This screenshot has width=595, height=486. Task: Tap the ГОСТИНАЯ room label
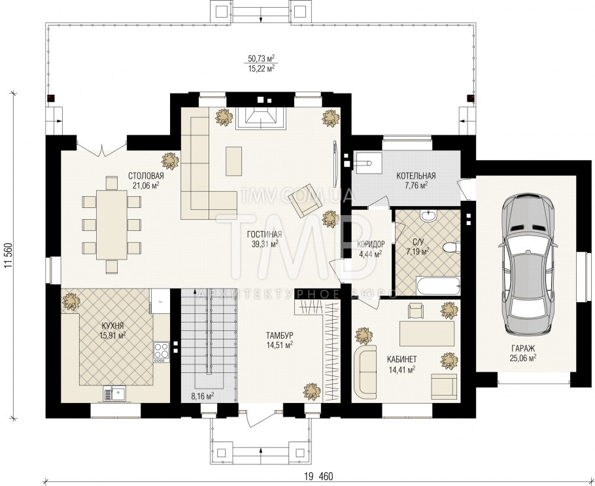[x=265, y=234]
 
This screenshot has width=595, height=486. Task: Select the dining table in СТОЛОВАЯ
[x=112, y=225]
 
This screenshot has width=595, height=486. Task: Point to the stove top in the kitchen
[x=161, y=351]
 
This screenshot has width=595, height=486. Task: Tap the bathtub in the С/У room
[x=437, y=286]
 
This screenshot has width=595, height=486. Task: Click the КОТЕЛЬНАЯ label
[x=416, y=176]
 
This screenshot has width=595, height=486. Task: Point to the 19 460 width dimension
[x=318, y=476]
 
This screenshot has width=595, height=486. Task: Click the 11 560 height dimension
[x=8, y=255]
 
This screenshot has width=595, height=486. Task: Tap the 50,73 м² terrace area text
[x=261, y=58]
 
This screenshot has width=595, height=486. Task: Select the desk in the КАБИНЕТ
[x=427, y=334]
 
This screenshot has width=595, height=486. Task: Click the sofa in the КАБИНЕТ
[x=365, y=372]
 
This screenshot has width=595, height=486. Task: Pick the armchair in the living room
[x=303, y=200]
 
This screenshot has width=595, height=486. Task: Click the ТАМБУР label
[x=279, y=336]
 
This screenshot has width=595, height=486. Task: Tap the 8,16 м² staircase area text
[x=203, y=397]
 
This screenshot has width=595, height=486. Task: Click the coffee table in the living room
[x=234, y=161]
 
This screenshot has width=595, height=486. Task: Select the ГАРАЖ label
[x=523, y=348]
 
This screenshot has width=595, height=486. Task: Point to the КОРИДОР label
[x=371, y=244]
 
